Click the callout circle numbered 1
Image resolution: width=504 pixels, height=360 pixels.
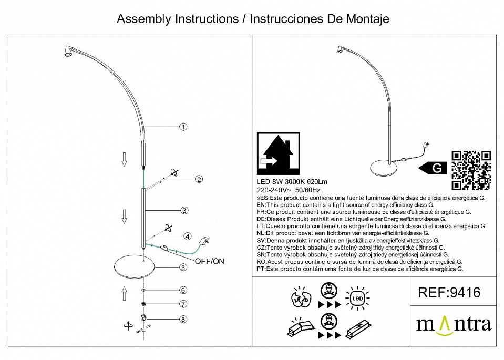pos(183,127)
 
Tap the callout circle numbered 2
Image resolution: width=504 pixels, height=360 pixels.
pos(199,179)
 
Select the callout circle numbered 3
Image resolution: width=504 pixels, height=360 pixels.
pos(184,211)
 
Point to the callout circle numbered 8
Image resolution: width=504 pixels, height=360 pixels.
pos(183,318)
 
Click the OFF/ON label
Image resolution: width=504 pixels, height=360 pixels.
pos(209,261)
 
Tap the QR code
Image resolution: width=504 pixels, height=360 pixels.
pos(471,170)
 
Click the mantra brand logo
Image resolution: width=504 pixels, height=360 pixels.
pos(454,324)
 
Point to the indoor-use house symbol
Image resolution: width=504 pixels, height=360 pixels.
pos(278,153)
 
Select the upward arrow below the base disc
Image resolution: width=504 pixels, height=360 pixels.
pos(125,293)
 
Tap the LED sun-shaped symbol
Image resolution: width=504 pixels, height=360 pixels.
pos(356,298)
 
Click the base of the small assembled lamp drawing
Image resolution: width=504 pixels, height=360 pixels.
pos(387,167)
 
